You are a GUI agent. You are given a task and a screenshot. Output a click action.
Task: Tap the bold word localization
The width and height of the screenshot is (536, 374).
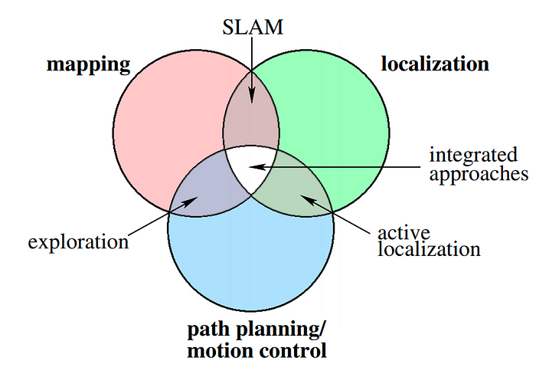click(x=434, y=64)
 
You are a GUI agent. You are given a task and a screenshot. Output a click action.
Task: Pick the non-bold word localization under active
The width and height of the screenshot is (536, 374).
click(x=430, y=249)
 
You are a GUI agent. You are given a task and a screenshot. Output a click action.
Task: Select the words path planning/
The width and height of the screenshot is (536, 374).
click(x=257, y=330)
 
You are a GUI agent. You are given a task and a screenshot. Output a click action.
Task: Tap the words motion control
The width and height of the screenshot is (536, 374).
click(x=257, y=352)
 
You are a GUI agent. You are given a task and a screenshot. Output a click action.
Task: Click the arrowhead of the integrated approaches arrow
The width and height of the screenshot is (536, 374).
click(x=256, y=165)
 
